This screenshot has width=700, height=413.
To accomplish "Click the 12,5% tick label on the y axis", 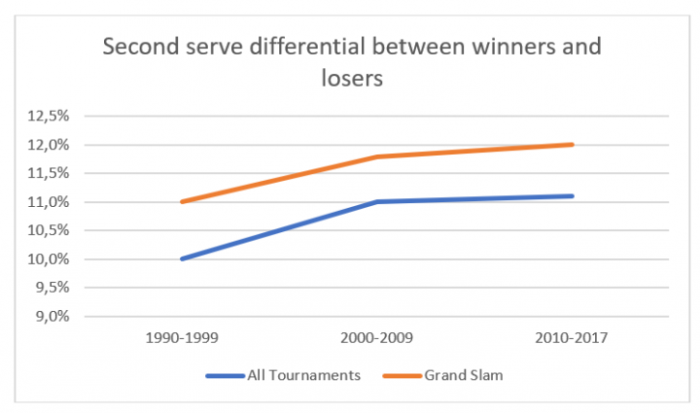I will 52,117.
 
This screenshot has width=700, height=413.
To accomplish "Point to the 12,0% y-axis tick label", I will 52,145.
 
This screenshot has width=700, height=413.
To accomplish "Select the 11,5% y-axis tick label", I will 52,174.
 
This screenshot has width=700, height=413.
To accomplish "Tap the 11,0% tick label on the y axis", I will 52,202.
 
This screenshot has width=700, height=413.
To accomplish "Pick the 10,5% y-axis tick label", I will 52,230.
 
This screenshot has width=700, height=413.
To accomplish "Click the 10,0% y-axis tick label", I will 52,259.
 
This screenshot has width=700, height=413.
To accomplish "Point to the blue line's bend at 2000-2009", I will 378,202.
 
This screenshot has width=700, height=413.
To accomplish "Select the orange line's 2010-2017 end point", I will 573,145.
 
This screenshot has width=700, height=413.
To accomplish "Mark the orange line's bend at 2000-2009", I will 378,156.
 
